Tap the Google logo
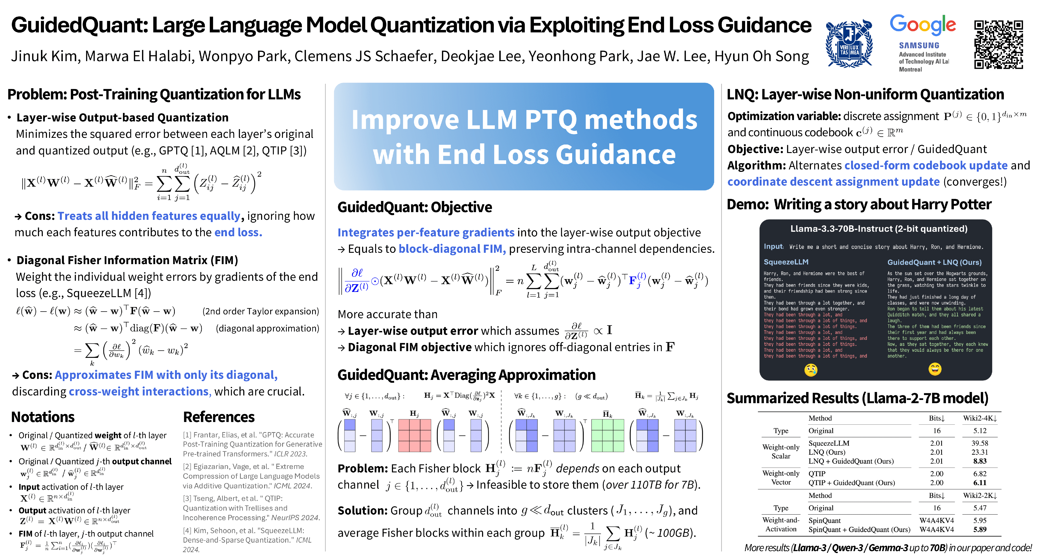click(922, 25)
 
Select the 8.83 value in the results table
click(980, 461)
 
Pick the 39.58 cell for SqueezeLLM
click(980, 443)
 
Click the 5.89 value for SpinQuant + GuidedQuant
click(980, 529)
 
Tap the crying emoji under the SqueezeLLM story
click(811, 369)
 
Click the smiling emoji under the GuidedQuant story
click(935, 369)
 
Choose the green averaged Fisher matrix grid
click(607, 435)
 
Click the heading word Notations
click(43, 417)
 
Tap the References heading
click(219, 417)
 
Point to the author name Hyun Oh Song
click(761, 56)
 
